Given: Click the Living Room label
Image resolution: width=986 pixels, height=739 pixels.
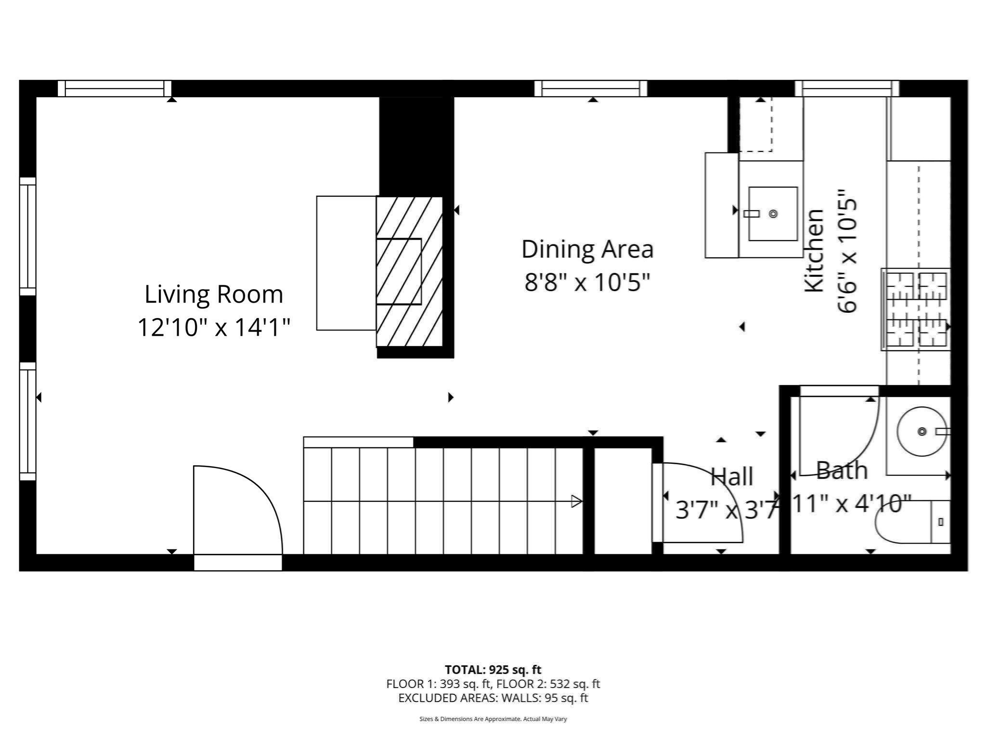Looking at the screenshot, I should [214, 294].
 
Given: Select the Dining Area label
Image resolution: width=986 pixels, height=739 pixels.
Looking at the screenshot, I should [587, 249].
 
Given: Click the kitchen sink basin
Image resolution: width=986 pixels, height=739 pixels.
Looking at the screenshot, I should [772, 214].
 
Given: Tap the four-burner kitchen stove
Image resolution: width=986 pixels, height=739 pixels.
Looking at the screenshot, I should [916, 309].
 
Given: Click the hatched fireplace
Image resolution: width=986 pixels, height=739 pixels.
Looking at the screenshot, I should [409, 272].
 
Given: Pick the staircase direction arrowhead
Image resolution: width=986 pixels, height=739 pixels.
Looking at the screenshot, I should [576, 501].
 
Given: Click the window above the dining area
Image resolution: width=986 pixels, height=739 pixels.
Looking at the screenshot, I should [591, 89].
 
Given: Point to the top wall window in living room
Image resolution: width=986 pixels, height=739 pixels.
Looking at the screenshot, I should [115, 89].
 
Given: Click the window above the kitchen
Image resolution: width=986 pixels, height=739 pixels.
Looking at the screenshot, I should [846, 89].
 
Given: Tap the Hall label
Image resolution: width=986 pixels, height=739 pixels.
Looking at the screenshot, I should [732, 477].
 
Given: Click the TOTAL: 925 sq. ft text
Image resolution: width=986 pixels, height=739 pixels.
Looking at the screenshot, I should [493, 670].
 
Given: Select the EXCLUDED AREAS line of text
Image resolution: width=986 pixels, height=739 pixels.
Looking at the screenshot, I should [493, 698].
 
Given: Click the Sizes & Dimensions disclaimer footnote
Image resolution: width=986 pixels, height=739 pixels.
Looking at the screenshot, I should [493, 719].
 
